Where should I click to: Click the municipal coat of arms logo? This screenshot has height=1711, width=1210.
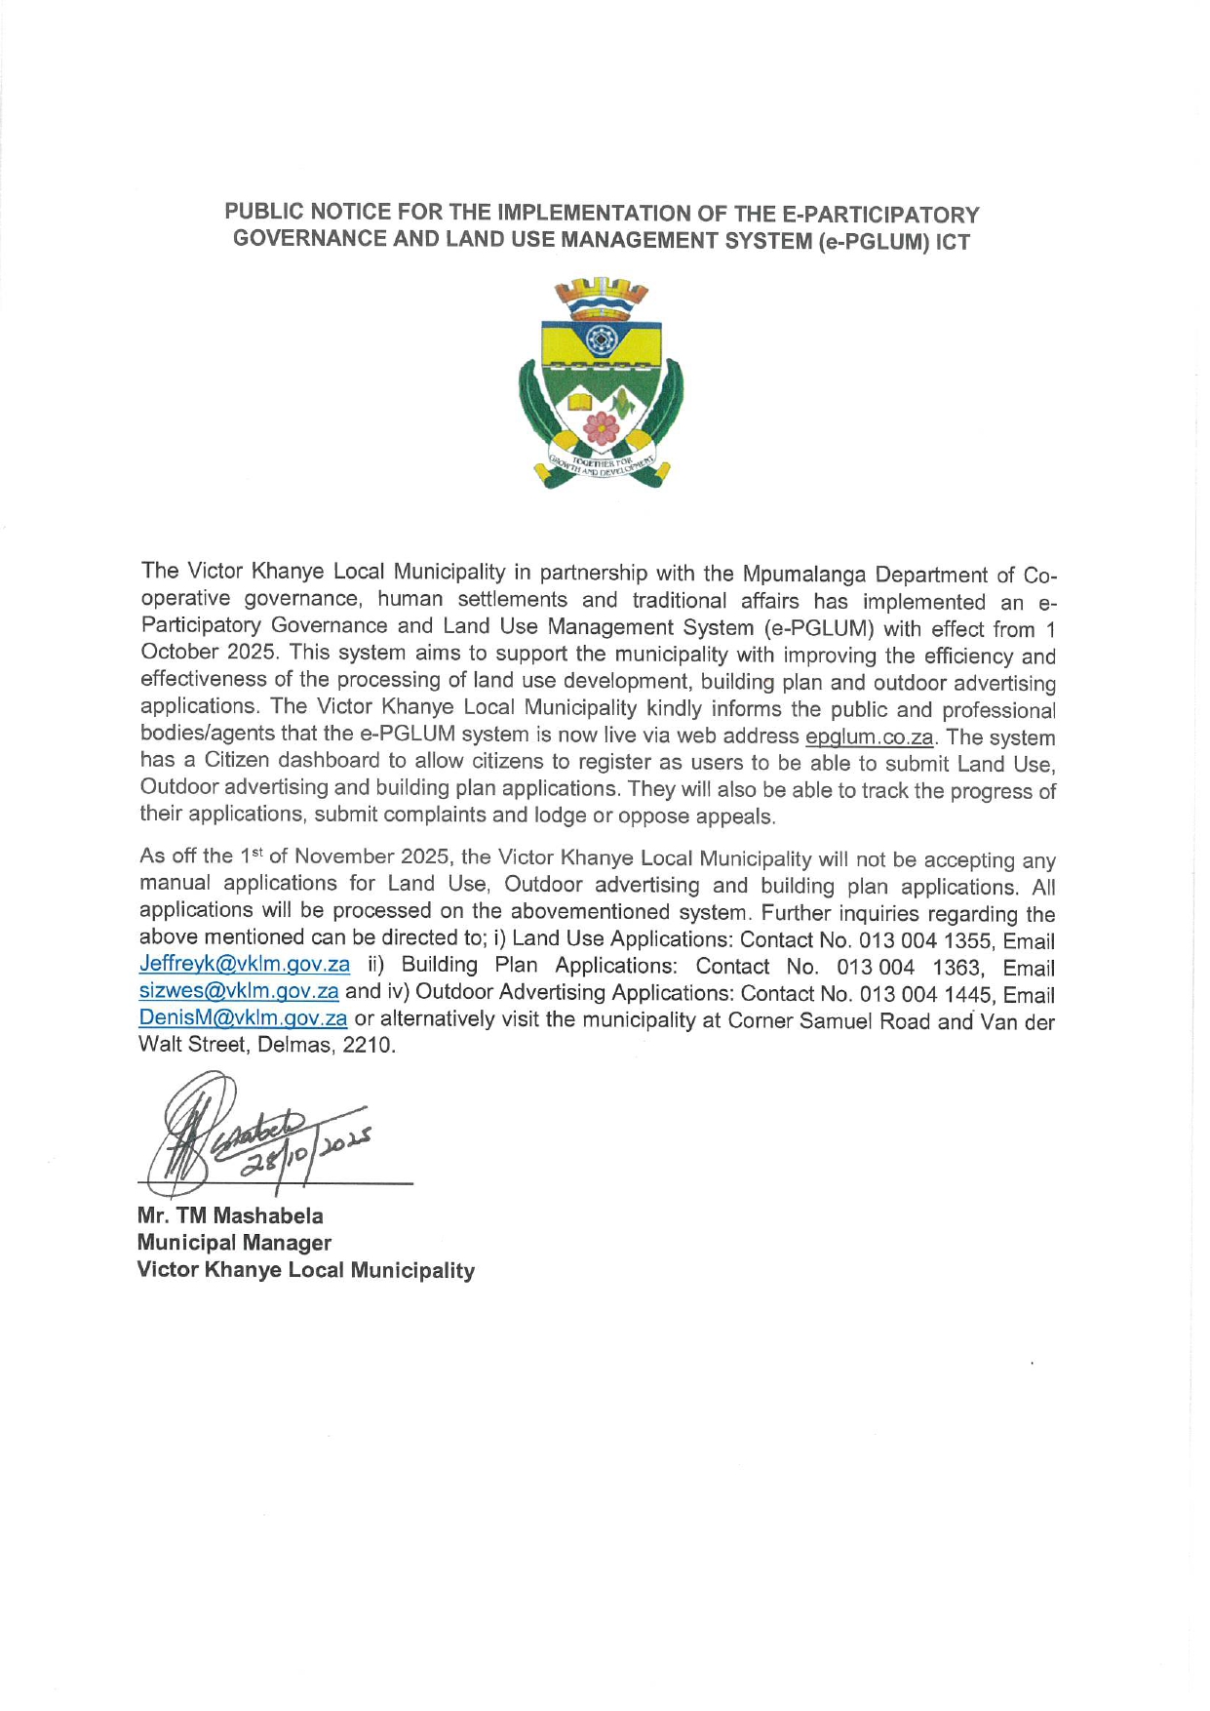(x=601, y=382)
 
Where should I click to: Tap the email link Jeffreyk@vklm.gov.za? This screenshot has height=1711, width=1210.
(x=244, y=965)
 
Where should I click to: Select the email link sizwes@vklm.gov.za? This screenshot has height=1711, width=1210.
(x=239, y=992)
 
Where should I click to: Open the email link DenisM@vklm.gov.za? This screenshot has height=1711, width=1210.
(x=243, y=1018)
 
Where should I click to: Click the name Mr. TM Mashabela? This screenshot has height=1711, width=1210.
(x=230, y=1215)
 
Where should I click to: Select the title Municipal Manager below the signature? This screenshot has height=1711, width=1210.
(x=234, y=1243)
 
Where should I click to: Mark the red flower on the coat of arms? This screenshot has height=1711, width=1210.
(x=602, y=426)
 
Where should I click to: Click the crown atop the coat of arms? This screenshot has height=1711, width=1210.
(x=601, y=290)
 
